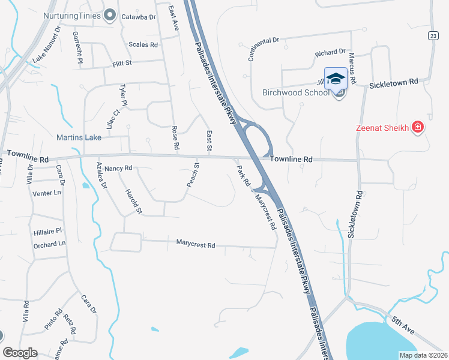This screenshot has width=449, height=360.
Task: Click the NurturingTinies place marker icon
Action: coord(110,16)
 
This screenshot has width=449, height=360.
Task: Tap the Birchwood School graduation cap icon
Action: coord(336,79)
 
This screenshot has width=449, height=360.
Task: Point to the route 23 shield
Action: coord(433,37)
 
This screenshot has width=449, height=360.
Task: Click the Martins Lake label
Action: coord(79,138)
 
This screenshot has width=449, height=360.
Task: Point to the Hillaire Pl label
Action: coord(49,230)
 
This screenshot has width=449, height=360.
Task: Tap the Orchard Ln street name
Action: coord(49,244)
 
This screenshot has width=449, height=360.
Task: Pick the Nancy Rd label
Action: coord(118,169)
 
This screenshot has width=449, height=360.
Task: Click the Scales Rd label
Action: coord(143,44)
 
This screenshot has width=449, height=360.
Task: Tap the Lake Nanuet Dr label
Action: coord(47,44)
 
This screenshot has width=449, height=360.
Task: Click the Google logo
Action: coord(20,353)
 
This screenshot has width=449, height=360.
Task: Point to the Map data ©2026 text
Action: coord(423,355)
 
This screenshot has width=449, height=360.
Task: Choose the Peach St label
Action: coord(192,175)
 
